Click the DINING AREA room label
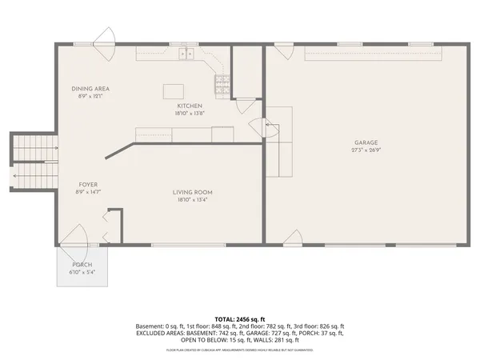click(x=90, y=88)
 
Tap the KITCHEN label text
click(x=190, y=106)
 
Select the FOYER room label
click(x=88, y=185)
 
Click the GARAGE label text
click(x=366, y=142)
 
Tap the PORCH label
click(x=82, y=265)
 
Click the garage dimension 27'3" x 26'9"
click(x=366, y=150)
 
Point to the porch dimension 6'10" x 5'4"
click(x=82, y=272)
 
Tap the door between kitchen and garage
click(x=258, y=126)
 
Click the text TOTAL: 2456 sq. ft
click(x=240, y=319)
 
